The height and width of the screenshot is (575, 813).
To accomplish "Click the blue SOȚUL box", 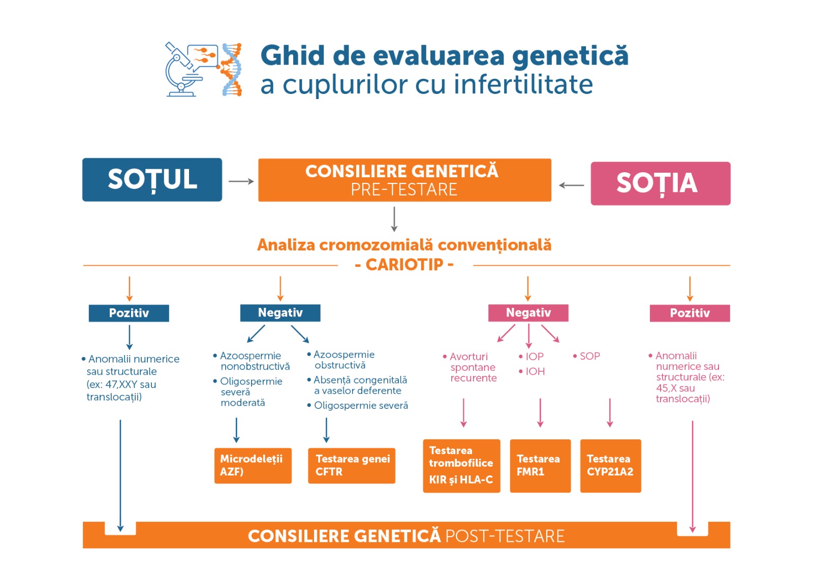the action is click(152, 180).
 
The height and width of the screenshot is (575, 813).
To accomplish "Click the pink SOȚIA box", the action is click(661, 183).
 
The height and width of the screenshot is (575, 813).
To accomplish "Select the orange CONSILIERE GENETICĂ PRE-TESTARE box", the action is click(404, 180).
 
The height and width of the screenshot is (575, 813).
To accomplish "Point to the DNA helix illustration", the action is click(231, 69).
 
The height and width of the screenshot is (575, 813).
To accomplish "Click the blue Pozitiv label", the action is click(129, 313).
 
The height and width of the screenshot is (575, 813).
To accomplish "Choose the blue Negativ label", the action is click(280, 313).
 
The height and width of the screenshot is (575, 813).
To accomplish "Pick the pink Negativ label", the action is click(528, 313).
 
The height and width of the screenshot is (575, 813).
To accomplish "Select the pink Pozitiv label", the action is click(690, 313).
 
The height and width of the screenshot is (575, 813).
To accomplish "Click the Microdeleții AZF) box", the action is click(253, 466).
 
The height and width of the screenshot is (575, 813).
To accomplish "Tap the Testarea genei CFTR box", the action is click(352, 466).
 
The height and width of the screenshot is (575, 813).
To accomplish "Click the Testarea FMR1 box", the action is click(541, 466).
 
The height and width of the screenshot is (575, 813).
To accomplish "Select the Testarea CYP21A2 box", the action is click(610, 466).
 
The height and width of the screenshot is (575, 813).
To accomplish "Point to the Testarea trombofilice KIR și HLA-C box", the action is click(462, 466).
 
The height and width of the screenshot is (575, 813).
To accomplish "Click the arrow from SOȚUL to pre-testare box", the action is click(241, 181).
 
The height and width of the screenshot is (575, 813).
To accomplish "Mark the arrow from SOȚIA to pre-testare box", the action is click(571, 185).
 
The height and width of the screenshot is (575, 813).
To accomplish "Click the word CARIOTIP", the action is click(404, 265).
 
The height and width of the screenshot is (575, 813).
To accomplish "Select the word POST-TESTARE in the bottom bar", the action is click(505, 536).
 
